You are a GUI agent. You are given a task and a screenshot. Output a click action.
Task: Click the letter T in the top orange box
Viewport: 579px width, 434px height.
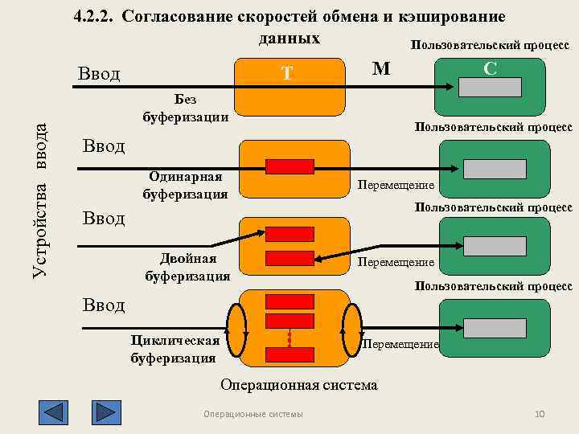(x=287, y=74)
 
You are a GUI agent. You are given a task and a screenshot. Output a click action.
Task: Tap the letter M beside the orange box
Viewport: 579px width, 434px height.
(x=381, y=69)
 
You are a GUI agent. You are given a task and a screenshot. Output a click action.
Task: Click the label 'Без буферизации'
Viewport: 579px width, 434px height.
(x=185, y=108)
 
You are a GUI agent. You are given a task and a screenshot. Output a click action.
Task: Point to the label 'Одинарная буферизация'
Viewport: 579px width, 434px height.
(x=185, y=185)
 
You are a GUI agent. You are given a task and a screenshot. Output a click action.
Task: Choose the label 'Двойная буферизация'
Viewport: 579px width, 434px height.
(x=187, y=267)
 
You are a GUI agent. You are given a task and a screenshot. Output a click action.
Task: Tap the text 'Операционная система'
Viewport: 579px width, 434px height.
(x=298, y=385)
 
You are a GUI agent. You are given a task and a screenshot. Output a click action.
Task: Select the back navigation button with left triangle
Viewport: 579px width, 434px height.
(x=53, y=412)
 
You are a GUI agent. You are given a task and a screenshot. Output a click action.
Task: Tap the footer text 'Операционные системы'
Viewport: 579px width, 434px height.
(x=253, y=414)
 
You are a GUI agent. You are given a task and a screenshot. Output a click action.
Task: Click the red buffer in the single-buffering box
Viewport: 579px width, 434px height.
(x=289, y=166)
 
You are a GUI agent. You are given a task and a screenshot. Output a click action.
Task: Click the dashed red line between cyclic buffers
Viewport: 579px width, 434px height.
(x=289, y=338)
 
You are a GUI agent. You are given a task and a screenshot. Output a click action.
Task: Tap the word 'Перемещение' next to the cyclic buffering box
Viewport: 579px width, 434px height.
(x=400, y=344)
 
